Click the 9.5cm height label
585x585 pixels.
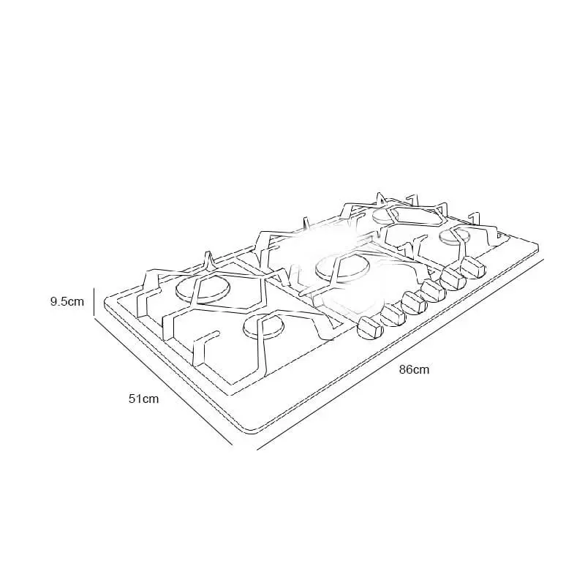(67, 301)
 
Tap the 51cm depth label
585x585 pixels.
(143, 399)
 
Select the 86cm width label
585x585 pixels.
(414, 370)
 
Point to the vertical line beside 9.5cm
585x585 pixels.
(94, 301)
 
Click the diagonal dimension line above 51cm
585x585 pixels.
(163, 380)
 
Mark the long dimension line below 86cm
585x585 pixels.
(400, 354)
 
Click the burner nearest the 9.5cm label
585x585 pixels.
(203, 290)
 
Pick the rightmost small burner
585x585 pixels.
(455, 236)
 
